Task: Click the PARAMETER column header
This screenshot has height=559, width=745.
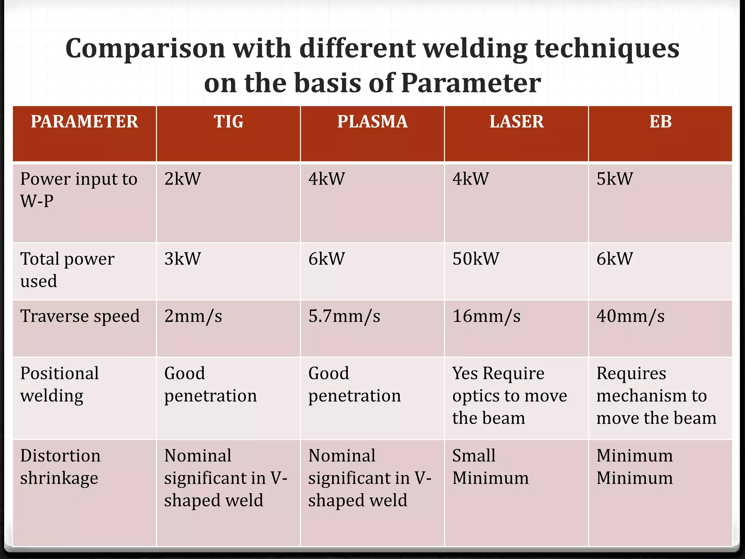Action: click(84, 122)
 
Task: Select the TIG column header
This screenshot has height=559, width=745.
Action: click(228, 122)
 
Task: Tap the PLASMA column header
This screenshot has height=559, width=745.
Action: click(372, 122)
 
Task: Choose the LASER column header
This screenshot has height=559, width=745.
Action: click(517, 122)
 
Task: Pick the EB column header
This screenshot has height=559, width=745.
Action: click(661, 122)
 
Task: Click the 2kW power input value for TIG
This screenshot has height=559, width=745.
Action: click(183, 179)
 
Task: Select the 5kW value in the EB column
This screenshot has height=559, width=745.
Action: click(615, 179)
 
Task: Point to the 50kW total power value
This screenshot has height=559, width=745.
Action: click(476, 259)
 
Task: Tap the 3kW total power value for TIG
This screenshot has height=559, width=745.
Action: click(183, 259)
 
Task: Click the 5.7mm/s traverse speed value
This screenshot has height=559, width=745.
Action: click(344, 316)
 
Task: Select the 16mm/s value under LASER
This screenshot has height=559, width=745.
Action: click(486, 316)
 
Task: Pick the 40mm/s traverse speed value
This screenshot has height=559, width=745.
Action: click(630, 316)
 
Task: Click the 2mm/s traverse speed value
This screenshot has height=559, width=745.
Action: click(193, 316)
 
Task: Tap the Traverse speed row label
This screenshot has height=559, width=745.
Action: click(80, 316)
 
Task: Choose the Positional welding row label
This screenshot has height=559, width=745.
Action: click(59, 384)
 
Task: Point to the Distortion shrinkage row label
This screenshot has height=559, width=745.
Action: click(60, 467)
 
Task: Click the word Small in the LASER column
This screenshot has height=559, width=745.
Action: click(474, 456)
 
